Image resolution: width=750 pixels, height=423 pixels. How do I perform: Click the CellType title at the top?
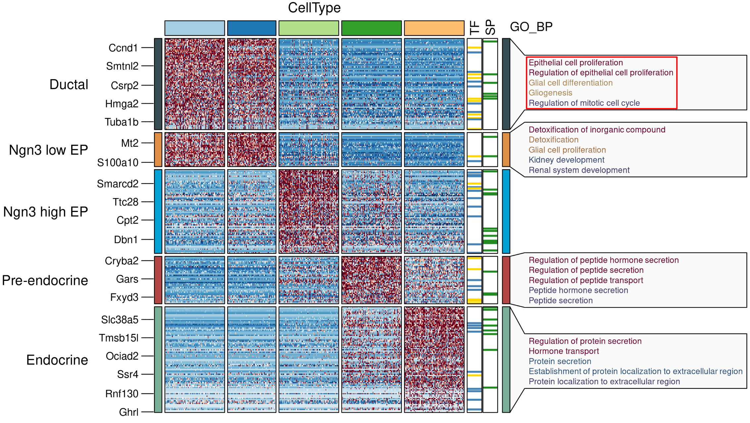point(314,8)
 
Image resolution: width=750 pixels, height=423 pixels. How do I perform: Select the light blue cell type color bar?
point(194,28)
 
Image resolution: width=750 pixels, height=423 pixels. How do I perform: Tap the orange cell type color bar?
point(434,28)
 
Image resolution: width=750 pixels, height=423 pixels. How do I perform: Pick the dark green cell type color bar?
point(371,28)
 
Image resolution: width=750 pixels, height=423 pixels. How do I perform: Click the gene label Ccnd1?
point(123,48)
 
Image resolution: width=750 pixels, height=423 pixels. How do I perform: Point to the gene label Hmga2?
point(122,104)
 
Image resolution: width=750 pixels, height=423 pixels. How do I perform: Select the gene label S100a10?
point(118,163)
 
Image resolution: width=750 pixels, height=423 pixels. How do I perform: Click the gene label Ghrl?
point(128,412)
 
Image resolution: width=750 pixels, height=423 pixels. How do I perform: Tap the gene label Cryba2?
point(122,261)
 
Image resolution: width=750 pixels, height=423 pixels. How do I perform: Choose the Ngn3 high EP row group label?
point(45,212)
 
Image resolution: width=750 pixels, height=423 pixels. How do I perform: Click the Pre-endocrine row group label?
point(45,281)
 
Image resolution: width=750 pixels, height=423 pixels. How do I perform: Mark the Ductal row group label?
point(69,84)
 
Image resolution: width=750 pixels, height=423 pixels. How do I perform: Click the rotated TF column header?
point(474,28)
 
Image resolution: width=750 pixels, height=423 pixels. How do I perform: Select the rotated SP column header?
point(490,27)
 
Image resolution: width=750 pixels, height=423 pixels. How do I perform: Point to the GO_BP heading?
point(531,27)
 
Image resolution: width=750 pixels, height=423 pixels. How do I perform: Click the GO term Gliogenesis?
point(550,93)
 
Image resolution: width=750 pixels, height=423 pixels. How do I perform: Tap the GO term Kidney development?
point(566,160)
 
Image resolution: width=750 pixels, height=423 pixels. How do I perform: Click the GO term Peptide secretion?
point(560,300)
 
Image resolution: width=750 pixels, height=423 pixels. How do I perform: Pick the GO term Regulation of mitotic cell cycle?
point(584,103)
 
